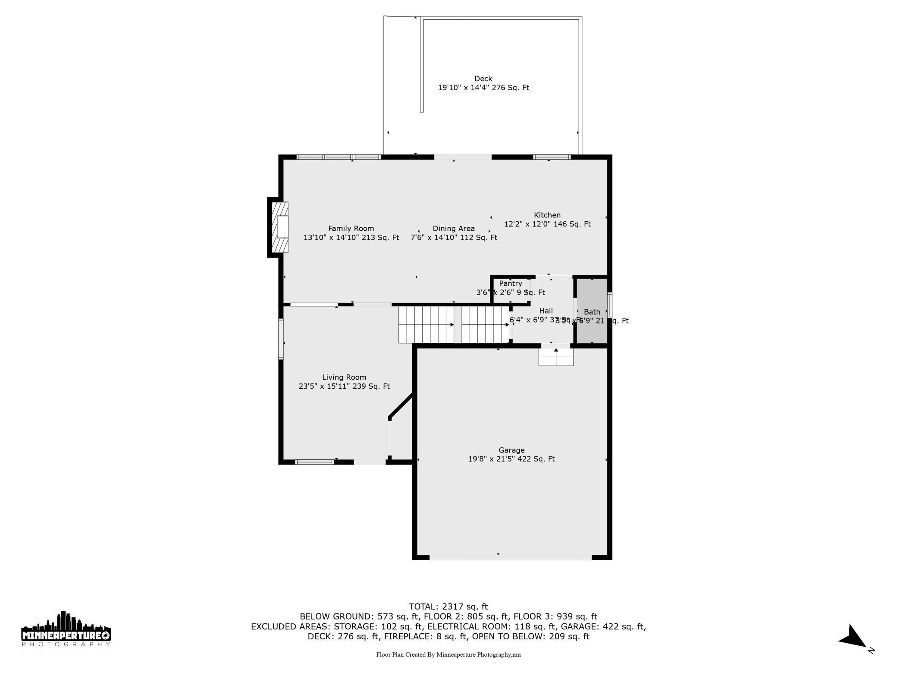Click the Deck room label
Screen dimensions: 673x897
pos(483,79)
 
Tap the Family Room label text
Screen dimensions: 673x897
pos(351,229)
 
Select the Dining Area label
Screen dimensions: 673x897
pos(454,229)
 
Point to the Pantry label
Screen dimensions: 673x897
pos(511,283)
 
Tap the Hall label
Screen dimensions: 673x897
pos(546,311)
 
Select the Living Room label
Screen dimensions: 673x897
pos(344,377)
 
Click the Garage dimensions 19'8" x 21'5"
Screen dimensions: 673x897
pos(511,459)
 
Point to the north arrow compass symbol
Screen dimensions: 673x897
pos(853,638)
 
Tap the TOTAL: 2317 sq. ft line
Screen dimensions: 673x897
pos(448,607)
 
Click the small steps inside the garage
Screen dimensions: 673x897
pos(556,357)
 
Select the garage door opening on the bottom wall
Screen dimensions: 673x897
pos(511,557)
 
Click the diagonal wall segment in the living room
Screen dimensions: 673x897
pos(401,406)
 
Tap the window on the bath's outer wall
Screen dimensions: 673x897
pos(610,305)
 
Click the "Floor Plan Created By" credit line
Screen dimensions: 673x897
pos(448,654)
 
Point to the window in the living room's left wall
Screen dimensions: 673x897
pos(281,339)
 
